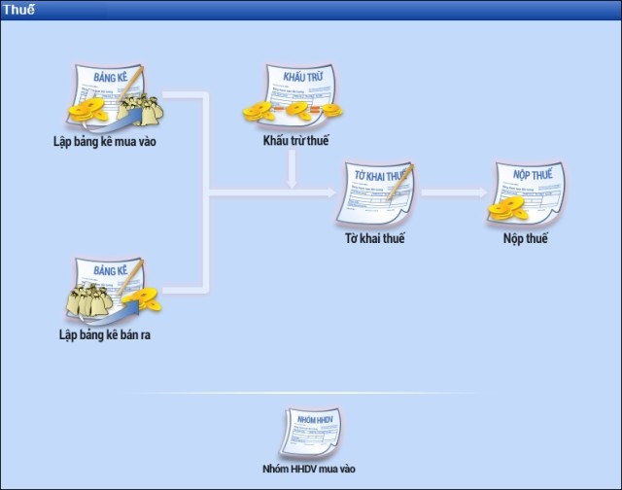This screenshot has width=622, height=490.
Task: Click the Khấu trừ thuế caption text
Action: (295, 142)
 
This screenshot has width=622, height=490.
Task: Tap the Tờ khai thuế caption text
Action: (375, 238)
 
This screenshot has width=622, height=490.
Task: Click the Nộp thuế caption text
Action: (527, 238)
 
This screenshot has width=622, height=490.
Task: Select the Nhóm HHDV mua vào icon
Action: (310, 433)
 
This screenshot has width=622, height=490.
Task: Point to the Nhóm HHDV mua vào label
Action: (310, 469)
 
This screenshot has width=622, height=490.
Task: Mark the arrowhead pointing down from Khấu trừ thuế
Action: (292, 182)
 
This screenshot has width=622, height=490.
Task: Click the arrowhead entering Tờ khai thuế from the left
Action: (330, 192)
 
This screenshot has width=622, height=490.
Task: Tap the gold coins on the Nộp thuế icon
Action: (505, 207)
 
